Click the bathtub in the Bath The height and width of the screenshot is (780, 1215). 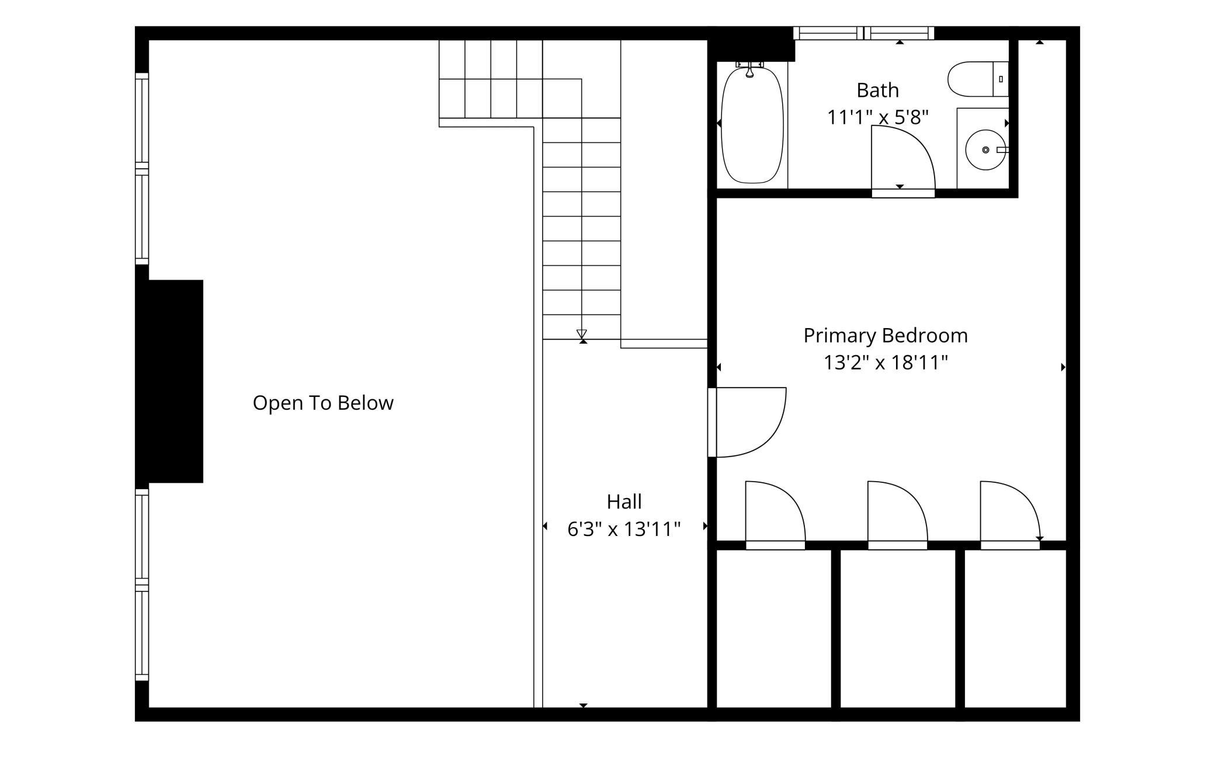tap(752, 126)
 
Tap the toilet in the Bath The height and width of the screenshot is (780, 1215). tap(978, 79)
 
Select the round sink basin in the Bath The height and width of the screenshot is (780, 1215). tap(985, 150)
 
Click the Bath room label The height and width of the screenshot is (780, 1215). tap(877, 90)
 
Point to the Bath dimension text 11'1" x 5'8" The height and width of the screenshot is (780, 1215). tap(877, 118)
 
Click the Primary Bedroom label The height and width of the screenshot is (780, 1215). tap(886, 336)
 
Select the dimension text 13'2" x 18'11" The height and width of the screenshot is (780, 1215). tap(886, 363)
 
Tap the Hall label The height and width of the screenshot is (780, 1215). tap(624, 502)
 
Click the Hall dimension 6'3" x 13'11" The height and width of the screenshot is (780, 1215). tap(624, 530)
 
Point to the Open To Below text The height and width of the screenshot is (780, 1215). tap(323, 403)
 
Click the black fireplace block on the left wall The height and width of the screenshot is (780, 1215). tap(169, 381)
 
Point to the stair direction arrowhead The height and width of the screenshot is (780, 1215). tap(581, 334)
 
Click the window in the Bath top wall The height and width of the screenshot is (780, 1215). tap(863, 33)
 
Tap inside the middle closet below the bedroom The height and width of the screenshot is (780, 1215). tap(898, 628)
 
